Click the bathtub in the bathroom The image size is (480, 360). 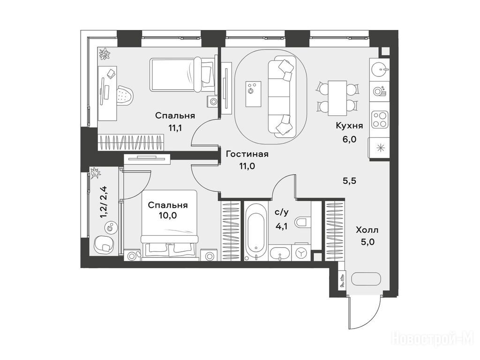coord(256,232)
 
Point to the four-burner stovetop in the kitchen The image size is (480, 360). coord(380,120)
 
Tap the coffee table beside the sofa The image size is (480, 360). coord(254,94)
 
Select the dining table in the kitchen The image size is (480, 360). coord(337,98)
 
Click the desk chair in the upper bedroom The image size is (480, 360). coord(125,95)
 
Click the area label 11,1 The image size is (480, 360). coord(175,127)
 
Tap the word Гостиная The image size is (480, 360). coord(247,154)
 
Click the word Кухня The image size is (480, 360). coord(349,126)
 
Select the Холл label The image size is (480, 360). coord(367,230)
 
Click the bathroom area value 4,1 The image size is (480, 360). coord(281,226)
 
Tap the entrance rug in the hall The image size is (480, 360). coord(366,279)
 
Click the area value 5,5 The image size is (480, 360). coord(349,181)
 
